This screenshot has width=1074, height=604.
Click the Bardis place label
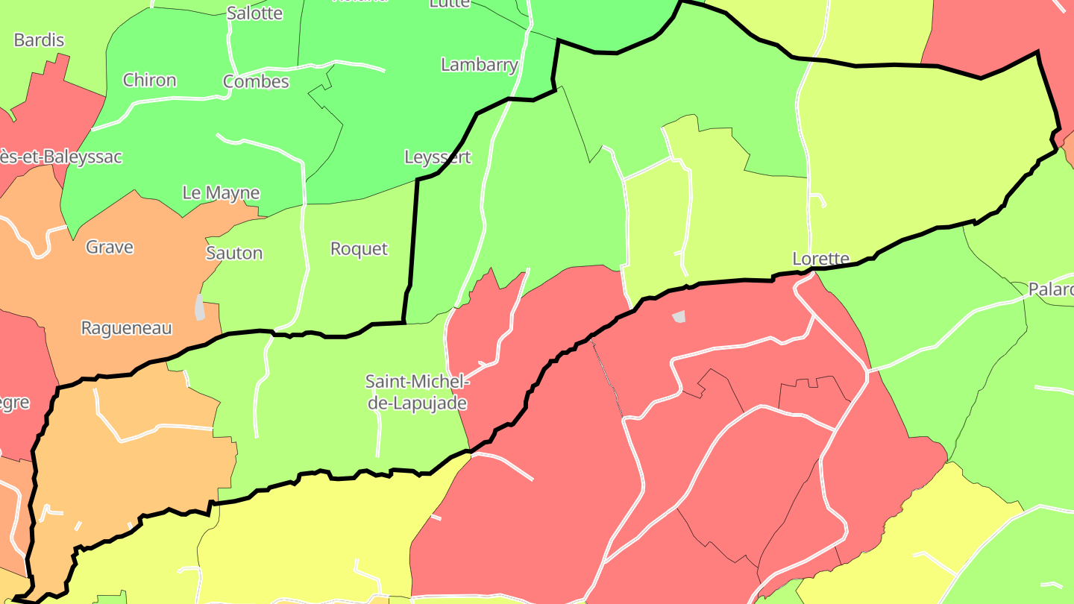click(x=39, y=40)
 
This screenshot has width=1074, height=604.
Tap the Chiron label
click(x=150, y=81)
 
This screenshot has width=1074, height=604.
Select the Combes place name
click(x=256, y=81)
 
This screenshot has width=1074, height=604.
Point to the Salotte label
click(x=254, y=13)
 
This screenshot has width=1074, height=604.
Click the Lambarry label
click(x=480, y=65)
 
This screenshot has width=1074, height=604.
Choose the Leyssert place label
click(x=438, y=157)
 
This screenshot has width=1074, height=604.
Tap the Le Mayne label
click(x=221, y=193)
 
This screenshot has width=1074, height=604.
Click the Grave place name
click(x=110, y=247)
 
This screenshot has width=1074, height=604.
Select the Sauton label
click(x=234, y=254)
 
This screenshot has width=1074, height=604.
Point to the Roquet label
click(x=359, y=249)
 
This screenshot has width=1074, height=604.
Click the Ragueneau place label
click(x=126, y=328)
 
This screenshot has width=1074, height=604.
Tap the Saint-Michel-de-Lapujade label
click(x=417, y=393)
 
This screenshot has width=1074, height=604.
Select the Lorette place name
click(x=820, y=259)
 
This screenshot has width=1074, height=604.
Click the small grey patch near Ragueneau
click(x=199, y=307)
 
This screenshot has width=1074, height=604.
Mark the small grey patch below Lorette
click(x=679, y=317)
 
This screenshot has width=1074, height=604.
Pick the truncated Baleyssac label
click(x=60, y=157)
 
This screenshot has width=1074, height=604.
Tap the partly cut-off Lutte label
click(x=450, y=4)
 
